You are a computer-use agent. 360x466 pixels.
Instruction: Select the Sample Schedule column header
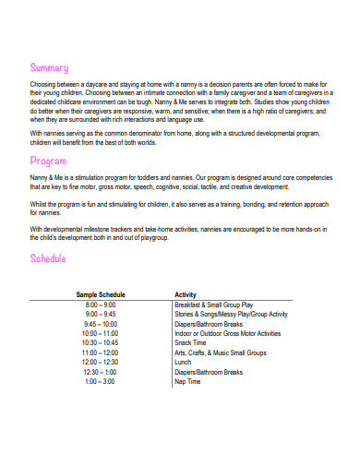(x=101, y=295)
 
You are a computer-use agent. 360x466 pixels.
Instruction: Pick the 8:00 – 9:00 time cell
(x=101, y=305)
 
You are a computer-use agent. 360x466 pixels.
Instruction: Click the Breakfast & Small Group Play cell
(x=214, y=305)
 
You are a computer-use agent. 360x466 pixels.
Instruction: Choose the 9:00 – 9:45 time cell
(x=101, y=315)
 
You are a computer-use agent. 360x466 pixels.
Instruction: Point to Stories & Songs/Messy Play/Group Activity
(x=231, y=315)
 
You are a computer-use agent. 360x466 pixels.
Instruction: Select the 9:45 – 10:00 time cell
(x=101, y=324)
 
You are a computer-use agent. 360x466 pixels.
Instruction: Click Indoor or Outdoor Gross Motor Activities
(x=227, y=333)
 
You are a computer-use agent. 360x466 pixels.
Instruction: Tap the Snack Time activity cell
(x=192, y=343)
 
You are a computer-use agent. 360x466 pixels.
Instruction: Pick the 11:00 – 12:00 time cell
(x=101, y=352)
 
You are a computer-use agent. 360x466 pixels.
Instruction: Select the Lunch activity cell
(x=184, y=363)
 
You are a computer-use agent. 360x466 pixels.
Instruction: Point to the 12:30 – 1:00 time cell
(x=101, y=372)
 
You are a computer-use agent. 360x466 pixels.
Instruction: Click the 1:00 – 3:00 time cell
(x=101, y=382)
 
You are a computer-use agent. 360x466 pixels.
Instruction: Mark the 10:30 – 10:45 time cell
(x=101, y=343)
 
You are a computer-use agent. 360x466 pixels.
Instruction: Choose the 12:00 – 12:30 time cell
(x=101, y=363)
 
